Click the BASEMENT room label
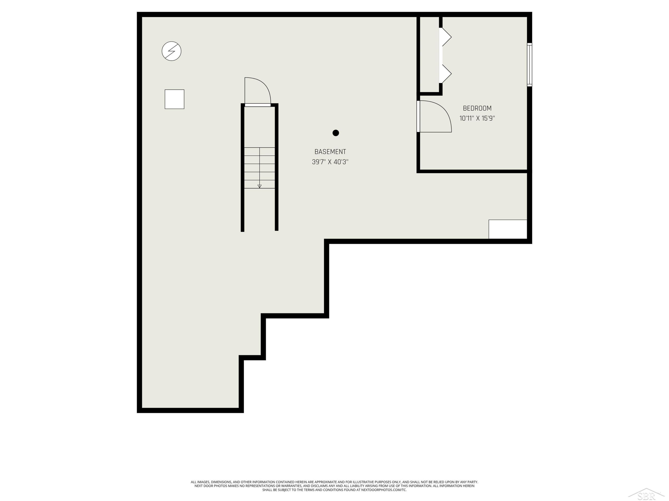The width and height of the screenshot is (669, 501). (x=330, y=152)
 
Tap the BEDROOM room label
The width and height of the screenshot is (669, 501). (x=477, y=108)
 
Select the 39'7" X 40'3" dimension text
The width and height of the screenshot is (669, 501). (x=330, y=162)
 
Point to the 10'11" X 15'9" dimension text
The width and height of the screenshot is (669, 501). (x=477, y=118)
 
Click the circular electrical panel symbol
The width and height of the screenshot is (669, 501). (x=171, y=51)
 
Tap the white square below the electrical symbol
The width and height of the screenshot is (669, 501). (x=175, y=99)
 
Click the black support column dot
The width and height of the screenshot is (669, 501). (x=336, y=133)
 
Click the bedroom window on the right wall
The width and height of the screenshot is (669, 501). (x=530, y=65)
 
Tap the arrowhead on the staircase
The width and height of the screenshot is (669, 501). (x=260, y=186)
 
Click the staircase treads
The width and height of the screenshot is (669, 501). (x=260, y=168)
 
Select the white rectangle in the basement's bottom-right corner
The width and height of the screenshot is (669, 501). (x=508, y=229)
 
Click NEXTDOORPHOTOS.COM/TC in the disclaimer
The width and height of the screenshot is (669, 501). (x=384, y=490)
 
